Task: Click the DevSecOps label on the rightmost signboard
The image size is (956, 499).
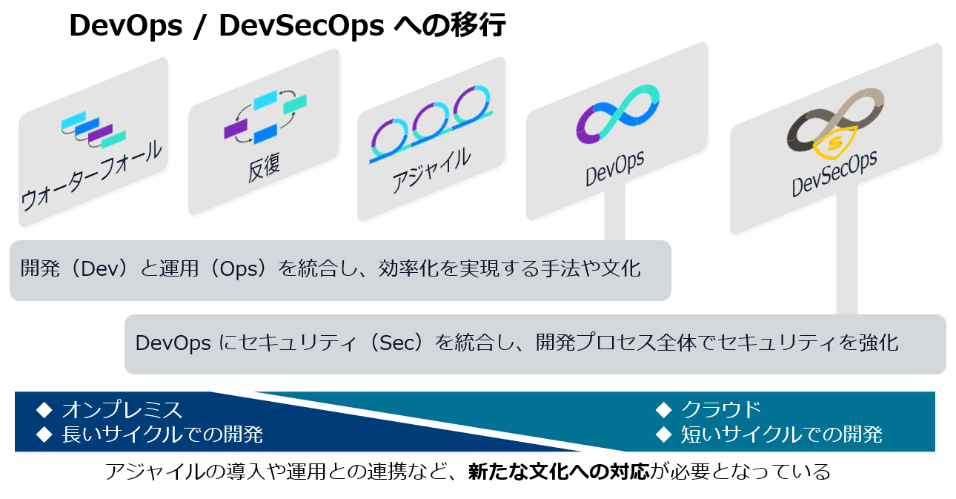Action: [834, 173]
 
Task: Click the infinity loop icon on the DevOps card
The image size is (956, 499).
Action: [618, 113]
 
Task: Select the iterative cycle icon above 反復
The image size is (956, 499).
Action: [265, 116]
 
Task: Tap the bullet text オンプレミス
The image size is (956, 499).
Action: [122, 410]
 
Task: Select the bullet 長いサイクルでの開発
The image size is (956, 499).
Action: [162, 434]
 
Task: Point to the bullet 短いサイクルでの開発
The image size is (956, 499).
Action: [782, 434]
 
